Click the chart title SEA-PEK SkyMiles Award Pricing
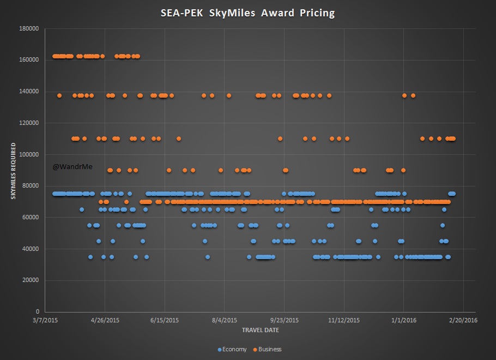coord(248,13)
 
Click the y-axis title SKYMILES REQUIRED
coord(13,171)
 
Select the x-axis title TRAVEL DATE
coord(260,329)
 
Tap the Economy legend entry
coord(232,349)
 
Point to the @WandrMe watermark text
coord(72,166)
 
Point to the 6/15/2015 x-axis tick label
coord(164,320)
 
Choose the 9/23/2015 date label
coord(285,320)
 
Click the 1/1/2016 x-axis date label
coord(403,320)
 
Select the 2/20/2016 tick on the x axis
coord(463,320)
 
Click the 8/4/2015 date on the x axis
coord(224,320)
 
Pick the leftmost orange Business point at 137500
coord(59,95)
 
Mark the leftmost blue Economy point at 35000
coord(90,257)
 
